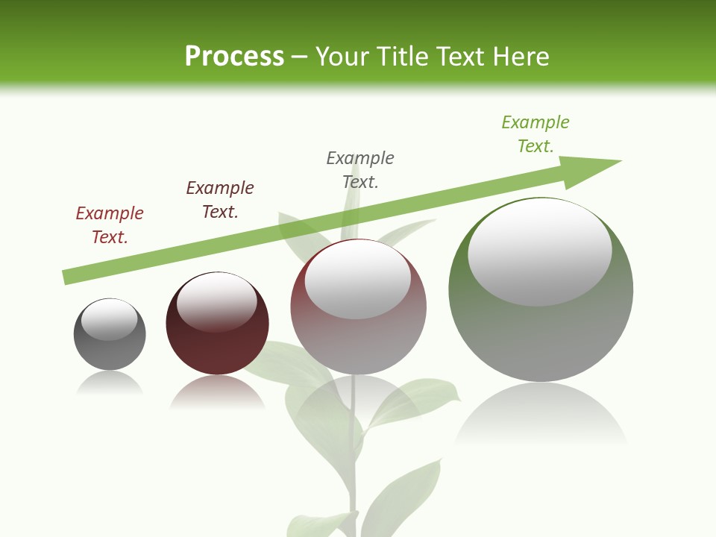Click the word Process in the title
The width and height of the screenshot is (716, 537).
(x=234, y=57)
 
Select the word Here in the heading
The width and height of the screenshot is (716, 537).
(x=519, y=57)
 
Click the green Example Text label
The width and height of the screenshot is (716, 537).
(x=536, y=134)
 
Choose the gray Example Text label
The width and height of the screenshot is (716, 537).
(x=360, y=170)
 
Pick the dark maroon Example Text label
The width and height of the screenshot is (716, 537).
(x=220, y=200)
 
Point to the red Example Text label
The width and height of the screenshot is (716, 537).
(x=110, y=225)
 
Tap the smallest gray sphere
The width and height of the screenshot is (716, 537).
(x=110, y=351)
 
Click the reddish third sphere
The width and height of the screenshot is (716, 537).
(x=358, y=343)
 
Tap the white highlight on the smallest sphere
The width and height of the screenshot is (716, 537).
(x=110, y=320)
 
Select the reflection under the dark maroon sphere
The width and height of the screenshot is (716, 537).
(x=217, y=392)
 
